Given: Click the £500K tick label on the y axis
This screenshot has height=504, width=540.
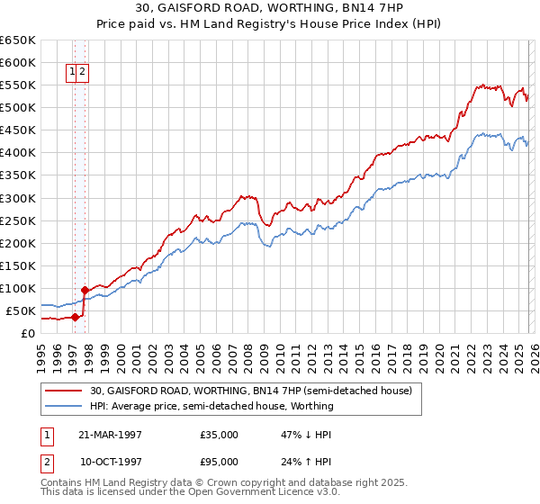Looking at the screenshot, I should click(17, 108).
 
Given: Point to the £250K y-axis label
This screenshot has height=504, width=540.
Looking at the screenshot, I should click(17, 220).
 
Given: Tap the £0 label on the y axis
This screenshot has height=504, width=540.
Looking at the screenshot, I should click(26, 333).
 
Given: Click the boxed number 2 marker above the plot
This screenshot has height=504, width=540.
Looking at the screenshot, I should click(83, 73).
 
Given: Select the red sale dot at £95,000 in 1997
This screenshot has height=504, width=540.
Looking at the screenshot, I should click(85, 290).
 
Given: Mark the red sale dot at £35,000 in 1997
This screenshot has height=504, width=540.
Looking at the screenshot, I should click(76, 317).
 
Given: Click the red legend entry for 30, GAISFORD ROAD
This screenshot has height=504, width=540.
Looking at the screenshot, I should click(250, 391).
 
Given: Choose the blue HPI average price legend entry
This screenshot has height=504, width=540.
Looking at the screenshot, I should click(211, 406).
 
